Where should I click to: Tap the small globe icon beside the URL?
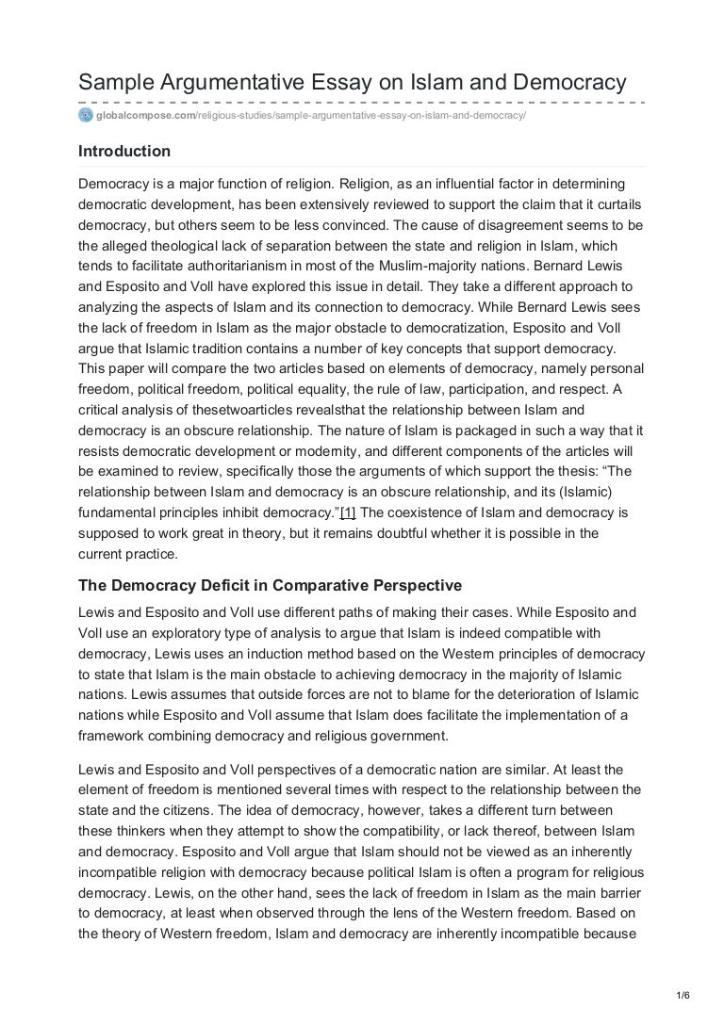tap(86, 115)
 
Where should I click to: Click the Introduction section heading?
tap(124, 151)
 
